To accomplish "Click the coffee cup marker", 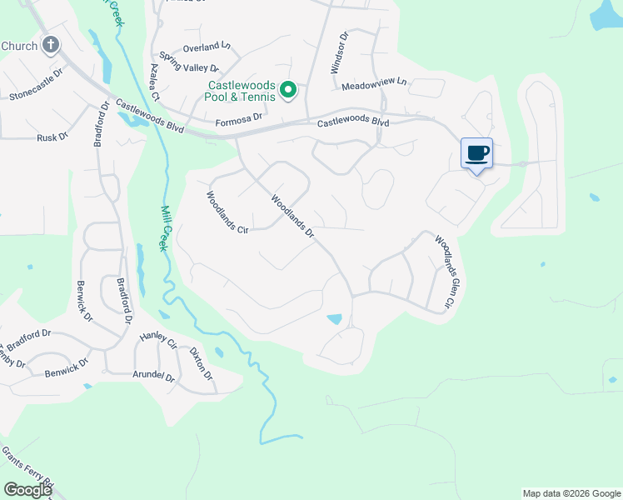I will (x=476, y=154).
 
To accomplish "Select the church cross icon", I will (x=51, y=45).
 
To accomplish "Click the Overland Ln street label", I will (x=207, y=46).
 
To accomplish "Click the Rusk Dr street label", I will (x=52, y=137).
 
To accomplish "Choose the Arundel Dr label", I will (x=153, y=377).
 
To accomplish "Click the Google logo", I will (x=27, y=490).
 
